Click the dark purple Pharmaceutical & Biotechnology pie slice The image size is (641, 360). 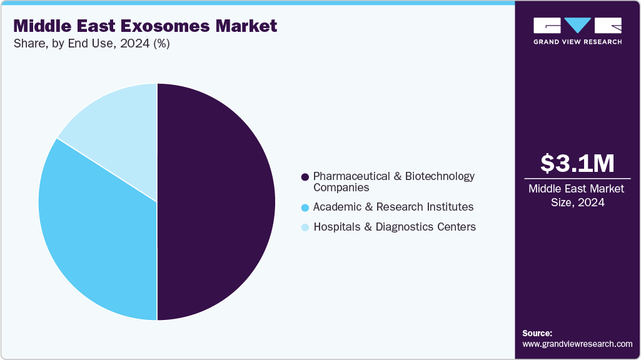[x=216, y=201]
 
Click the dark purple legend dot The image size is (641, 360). [x=305, y=177]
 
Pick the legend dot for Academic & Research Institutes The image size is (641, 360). [x=305, y=207]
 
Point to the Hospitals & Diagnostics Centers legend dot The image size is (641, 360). [x=305, y=227]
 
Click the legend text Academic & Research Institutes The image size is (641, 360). [x=393, y=207]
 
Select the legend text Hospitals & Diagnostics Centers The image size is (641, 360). [x=394, y=227]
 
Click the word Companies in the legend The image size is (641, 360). [x=341, y=187]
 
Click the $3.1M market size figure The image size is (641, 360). [x=577, y=163]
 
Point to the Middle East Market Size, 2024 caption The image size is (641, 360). [x=577, y=195]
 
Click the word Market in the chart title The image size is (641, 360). [x=246, y=26]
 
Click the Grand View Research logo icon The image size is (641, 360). [x=577, y=26]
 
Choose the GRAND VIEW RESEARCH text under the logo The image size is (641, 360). [x=577, y=42]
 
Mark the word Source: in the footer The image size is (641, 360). [x=537, y=333]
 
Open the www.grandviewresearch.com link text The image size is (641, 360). [x=577, y=344]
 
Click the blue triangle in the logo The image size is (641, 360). [x=578, y=25]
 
